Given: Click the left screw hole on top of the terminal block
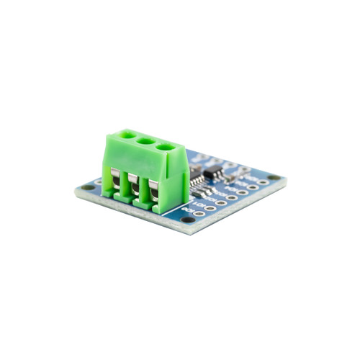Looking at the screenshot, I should (129, 134).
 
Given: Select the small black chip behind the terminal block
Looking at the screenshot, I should (215, 174).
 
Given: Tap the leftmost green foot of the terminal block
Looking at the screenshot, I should (107, 193).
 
